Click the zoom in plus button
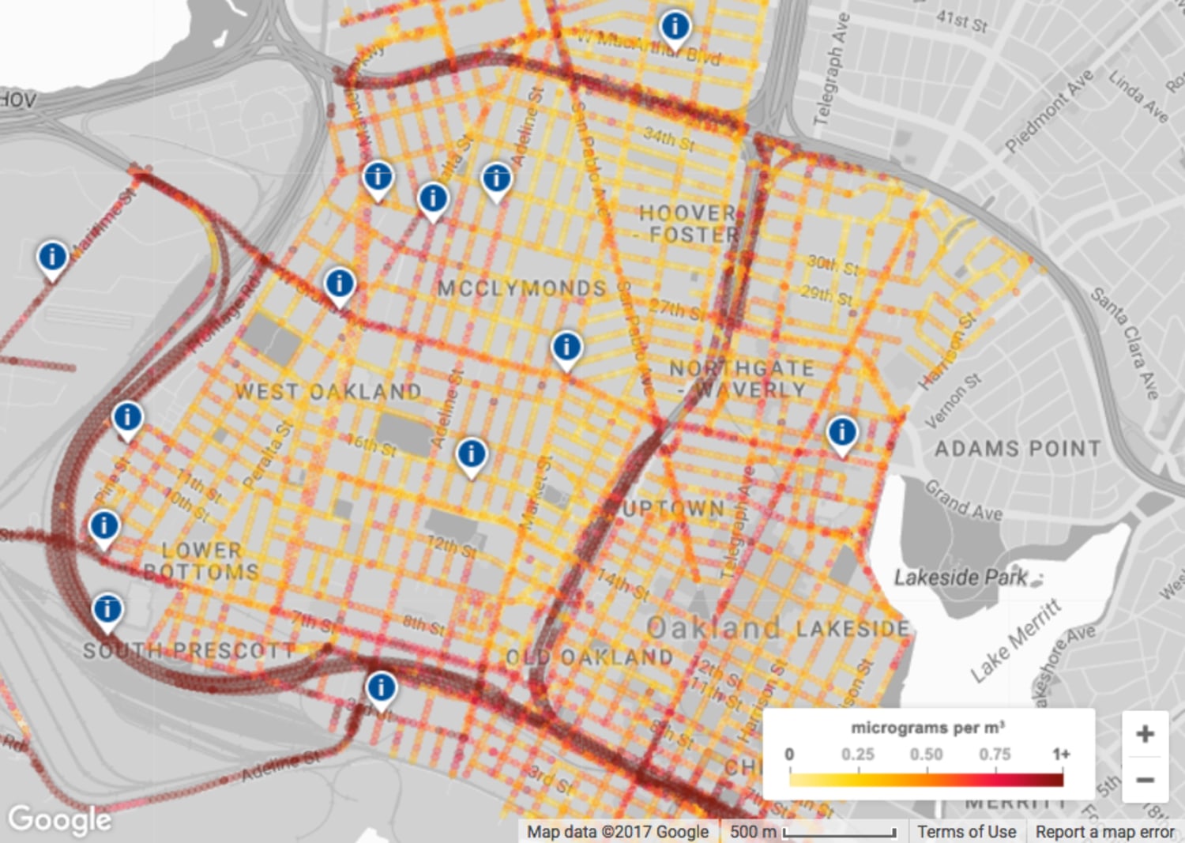point(1145,734)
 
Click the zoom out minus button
point(1145,780)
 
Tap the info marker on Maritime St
point(52,257)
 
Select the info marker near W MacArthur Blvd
point(675,27)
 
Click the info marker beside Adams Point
point(842,432)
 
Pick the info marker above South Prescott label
point(107,609)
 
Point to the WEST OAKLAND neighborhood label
point(328,391)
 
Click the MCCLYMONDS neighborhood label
point(521,288)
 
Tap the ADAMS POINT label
point(1018,449)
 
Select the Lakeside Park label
point(961,578)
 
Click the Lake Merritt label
point(1015,641)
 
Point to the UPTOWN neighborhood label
point(673,509)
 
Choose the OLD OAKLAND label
point(589,657)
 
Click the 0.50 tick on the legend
point(926,755)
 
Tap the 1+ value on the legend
point(1060,755)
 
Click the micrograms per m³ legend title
point(927,728)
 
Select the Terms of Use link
point(966,832)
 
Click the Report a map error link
point(1104,832)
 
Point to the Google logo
point(59,819)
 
